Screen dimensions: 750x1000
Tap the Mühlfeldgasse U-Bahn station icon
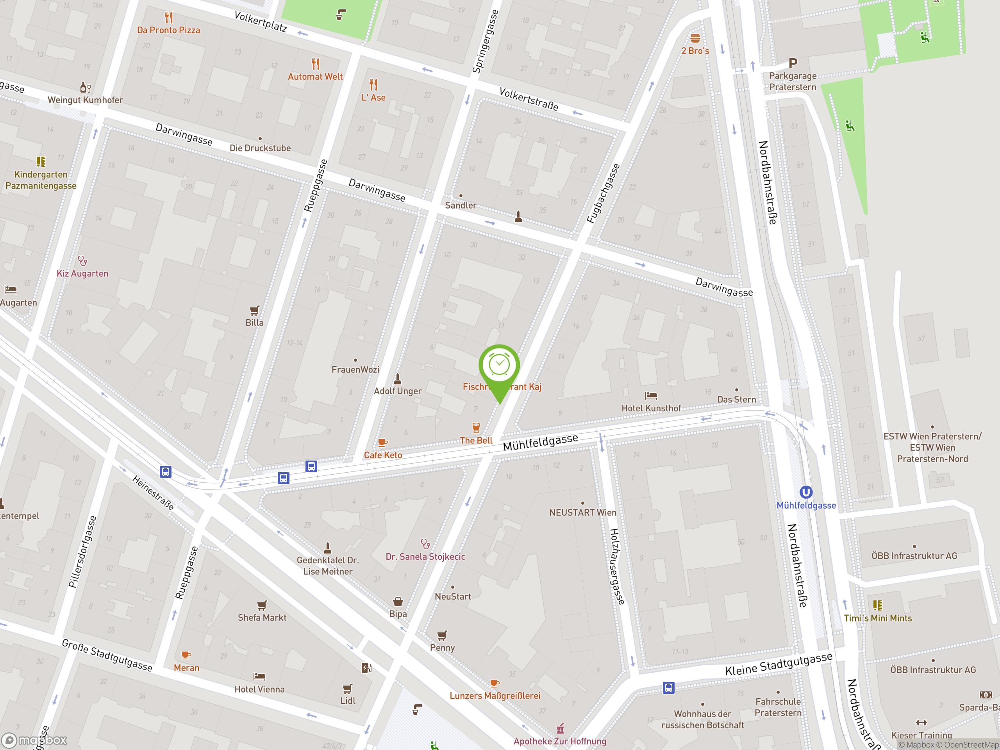tap(806, 492)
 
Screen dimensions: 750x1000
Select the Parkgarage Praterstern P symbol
tap(793, 63)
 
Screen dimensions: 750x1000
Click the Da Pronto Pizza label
tap(168, 30)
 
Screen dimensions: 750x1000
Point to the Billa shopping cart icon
tap(255, 311)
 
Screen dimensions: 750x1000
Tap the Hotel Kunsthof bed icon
tap(651, 396)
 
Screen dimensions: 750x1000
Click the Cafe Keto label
tap(383, 455)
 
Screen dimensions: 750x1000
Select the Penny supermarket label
tap(442, 647)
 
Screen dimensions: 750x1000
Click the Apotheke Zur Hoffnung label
tap(560, 741)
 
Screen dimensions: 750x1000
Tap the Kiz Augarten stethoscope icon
tap(82, 261)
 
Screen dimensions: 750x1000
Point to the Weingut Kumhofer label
tap(85, 100)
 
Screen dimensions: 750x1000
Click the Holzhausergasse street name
tap(617, 566)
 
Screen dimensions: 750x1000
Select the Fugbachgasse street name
tap(603, 193)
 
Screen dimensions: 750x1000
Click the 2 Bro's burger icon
tap(695, 38)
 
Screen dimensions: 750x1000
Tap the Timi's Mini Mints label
tap(878, 618)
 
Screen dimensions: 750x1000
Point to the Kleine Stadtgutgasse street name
tap(779, 664)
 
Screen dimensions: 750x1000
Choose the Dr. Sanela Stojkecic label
tap(425, 557)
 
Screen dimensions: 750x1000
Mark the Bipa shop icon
tap(398, 601)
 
